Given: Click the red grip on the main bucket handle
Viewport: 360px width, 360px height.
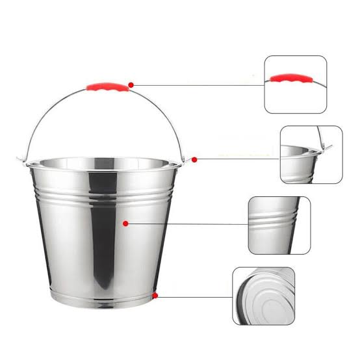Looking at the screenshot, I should [x=107, y=88].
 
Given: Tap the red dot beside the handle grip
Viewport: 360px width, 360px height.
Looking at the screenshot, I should [x=131, y=84].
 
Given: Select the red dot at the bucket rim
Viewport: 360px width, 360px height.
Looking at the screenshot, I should [x=194, y=159].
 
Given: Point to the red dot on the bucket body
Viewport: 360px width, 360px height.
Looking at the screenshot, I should [x=125, y=223].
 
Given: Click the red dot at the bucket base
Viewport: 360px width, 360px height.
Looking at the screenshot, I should [x=156, y=296].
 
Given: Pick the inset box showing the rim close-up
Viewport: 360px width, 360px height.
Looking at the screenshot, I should [x=311, y=155].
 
